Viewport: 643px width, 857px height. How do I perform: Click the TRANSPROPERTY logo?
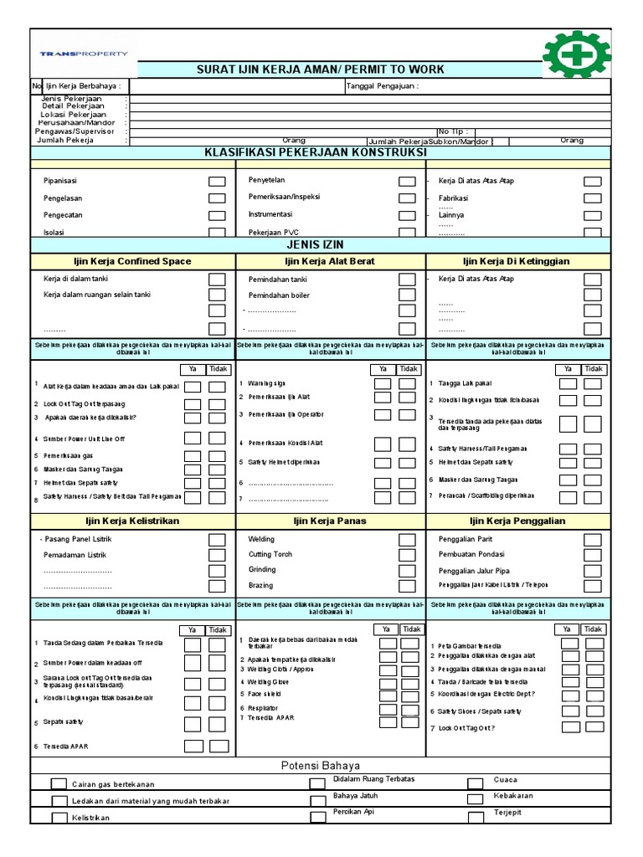[84, 54]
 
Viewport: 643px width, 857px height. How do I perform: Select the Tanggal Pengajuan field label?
[382, 86]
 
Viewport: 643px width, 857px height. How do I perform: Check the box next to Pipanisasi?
[217, 181]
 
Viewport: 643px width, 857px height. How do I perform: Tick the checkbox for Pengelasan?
[217, 198]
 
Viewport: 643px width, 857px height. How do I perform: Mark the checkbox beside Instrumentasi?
[406, 215]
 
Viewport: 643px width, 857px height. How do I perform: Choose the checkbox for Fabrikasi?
[592, 198]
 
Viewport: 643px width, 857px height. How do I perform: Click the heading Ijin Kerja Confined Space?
[134, 261]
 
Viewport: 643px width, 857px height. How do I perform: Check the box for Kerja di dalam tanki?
[217, 279]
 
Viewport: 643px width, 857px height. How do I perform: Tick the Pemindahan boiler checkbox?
[406, 295]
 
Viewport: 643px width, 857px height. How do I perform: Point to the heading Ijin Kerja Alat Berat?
[332, 261]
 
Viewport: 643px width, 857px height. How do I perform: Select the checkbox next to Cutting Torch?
[406, 555]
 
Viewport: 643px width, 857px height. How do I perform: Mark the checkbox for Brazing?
[406, 586]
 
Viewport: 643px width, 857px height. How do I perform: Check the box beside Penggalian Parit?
[592, 540]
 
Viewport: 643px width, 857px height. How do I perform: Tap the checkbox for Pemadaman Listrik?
[217, 555]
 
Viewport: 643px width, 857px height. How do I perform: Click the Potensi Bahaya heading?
[321, 765]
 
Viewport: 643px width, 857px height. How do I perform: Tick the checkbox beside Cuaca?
[475, 783]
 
